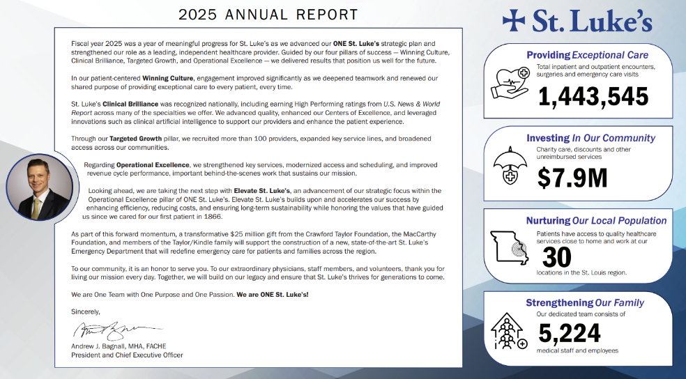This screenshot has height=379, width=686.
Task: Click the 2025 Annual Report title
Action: pos(268,15)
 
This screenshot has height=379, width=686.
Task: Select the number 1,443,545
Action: pos(593,96)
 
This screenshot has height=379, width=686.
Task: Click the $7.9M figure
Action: pos(572,177)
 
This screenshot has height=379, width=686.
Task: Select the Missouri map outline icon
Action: pos(510,248)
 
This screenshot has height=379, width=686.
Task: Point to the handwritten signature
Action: pos(116,328)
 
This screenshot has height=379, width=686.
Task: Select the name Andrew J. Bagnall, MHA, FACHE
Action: pos(119,346)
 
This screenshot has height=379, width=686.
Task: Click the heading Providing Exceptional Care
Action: pos(587,55)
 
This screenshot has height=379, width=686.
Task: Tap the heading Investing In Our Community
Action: pos(590,138)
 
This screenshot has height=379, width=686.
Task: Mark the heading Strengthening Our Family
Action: pos(584,302)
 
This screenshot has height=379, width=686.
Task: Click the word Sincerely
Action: pos(86,311)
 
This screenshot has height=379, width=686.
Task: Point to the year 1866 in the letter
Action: pos(231,217)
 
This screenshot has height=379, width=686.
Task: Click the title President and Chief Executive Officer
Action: pos(133,355)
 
